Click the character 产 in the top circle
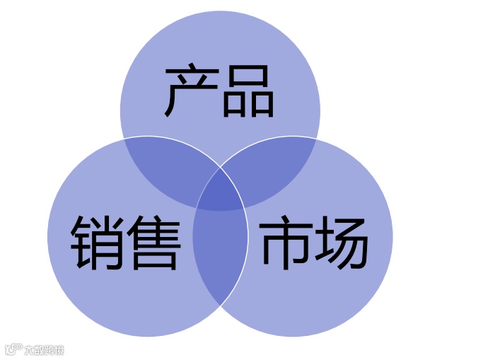click(x=190, y=92)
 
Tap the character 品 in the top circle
click(x=248, y=92)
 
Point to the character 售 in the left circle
click(x=153, y=243)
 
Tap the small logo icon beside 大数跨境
click(x=13, y=349)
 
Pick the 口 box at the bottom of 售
click(x=153, y=258)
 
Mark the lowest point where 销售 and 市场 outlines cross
click(x=221, y=305)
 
